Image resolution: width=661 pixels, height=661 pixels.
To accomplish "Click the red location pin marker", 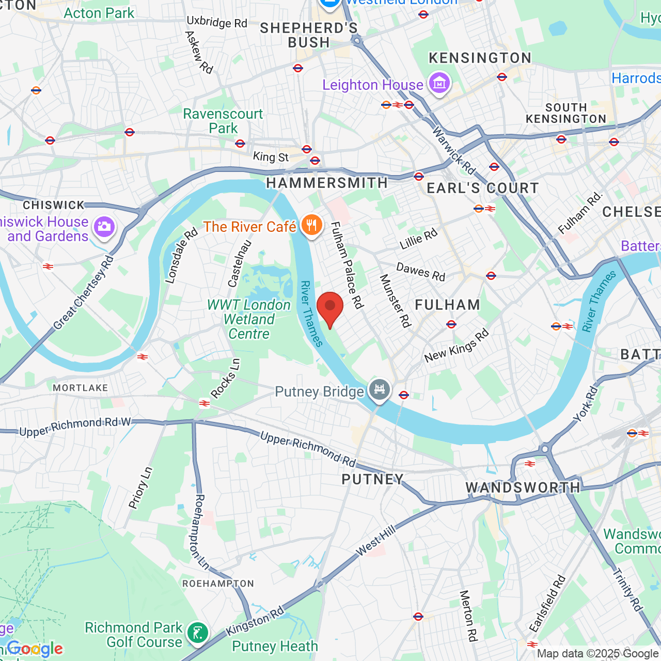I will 329,308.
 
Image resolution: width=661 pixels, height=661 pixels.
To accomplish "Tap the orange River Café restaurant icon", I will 311,226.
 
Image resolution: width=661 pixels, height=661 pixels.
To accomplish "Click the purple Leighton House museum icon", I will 439,83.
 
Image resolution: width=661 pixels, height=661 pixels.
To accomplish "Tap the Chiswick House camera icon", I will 104,227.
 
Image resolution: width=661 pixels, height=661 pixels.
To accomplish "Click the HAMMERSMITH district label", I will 327,183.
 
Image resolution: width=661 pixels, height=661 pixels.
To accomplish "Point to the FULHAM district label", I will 448,305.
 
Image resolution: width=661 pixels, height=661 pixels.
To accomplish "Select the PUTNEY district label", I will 372,480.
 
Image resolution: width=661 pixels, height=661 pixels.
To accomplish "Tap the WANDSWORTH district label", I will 523,487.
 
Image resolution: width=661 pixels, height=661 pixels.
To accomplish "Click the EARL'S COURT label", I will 483,188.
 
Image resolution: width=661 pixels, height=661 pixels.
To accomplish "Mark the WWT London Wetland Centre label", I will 249,320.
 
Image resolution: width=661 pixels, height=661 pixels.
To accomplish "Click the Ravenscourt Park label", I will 223,121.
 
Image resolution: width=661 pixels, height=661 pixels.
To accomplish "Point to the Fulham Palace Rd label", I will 347,265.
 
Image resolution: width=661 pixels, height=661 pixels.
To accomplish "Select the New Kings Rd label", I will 457,346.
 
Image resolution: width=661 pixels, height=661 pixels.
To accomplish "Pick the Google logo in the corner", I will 35,649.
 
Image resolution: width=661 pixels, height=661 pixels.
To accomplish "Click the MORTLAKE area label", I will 81,388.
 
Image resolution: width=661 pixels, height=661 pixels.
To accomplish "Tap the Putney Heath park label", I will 275,646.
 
